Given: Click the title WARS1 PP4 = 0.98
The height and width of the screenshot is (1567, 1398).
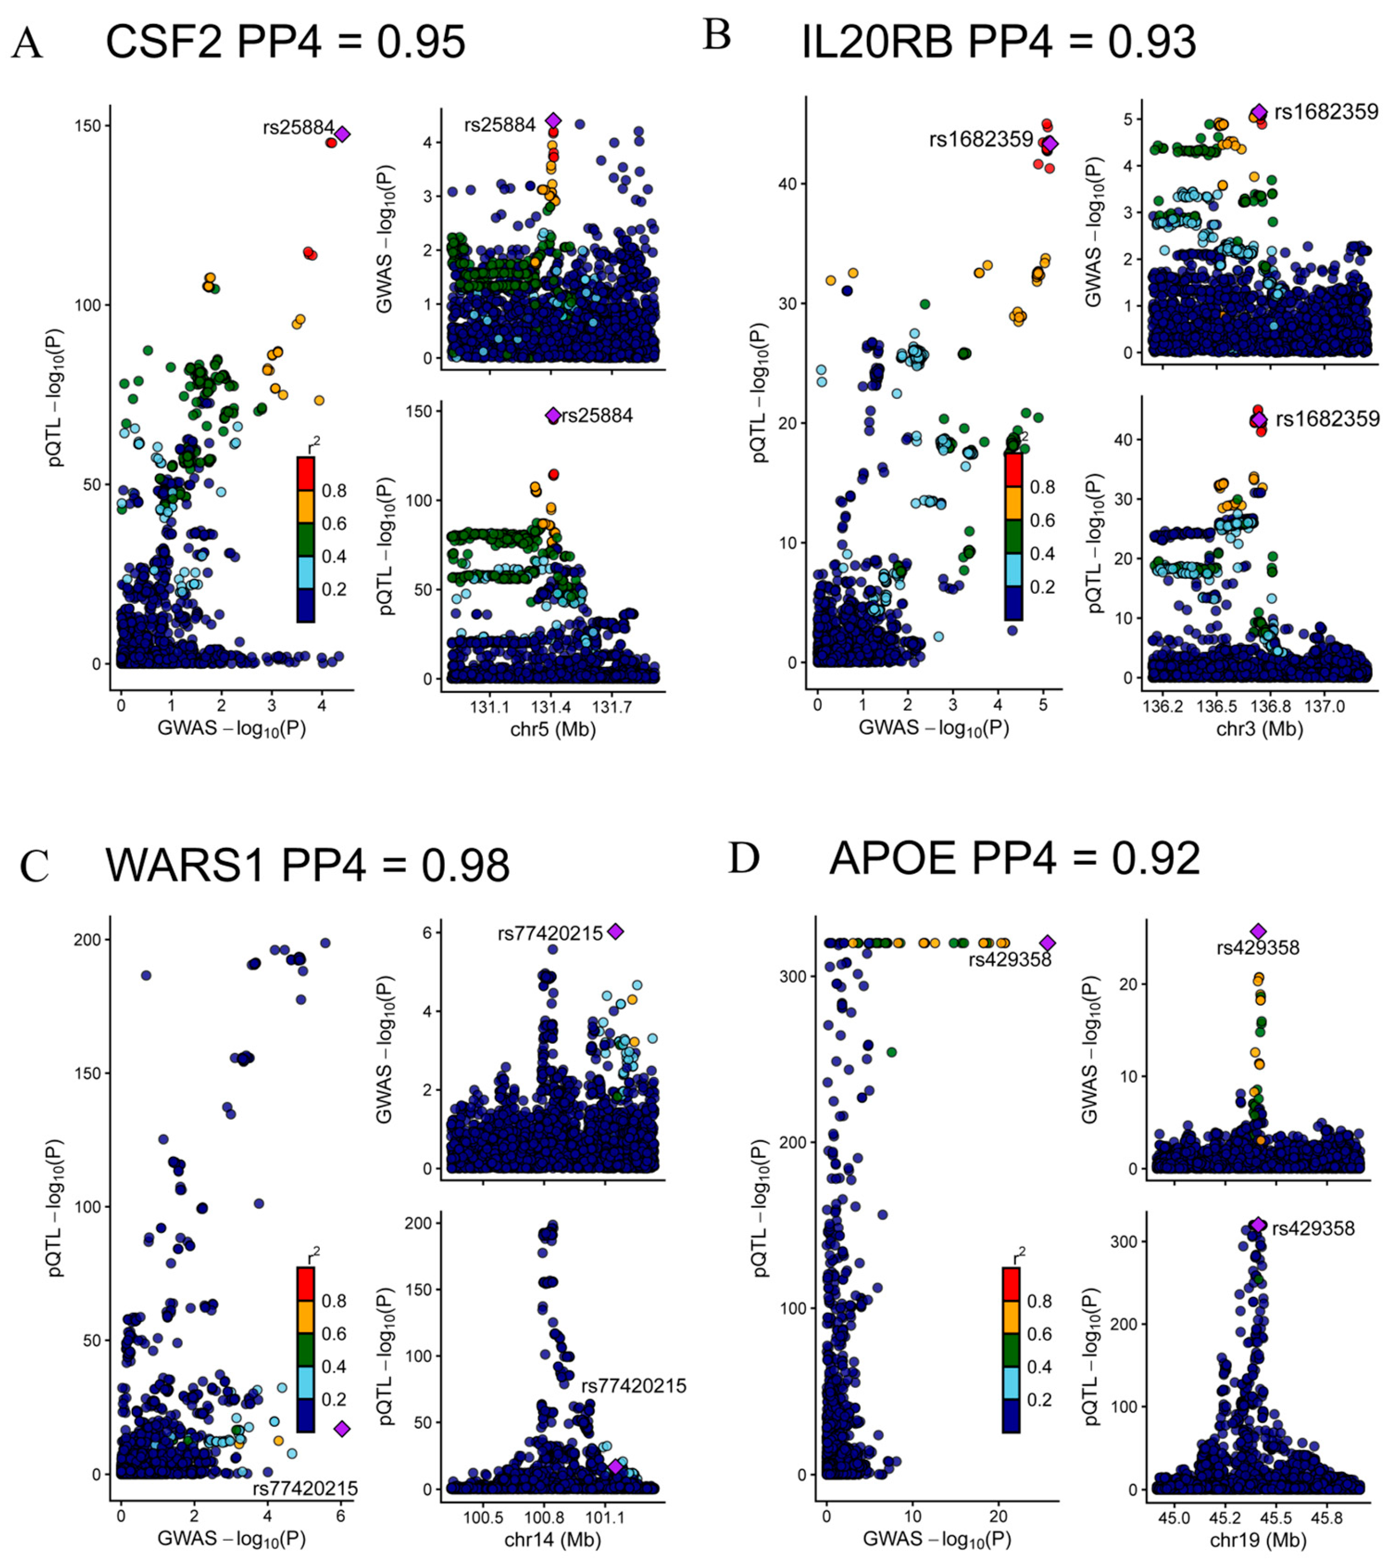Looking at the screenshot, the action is coord(307,865).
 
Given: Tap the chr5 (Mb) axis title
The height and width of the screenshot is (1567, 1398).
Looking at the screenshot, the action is coord(553,728).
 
